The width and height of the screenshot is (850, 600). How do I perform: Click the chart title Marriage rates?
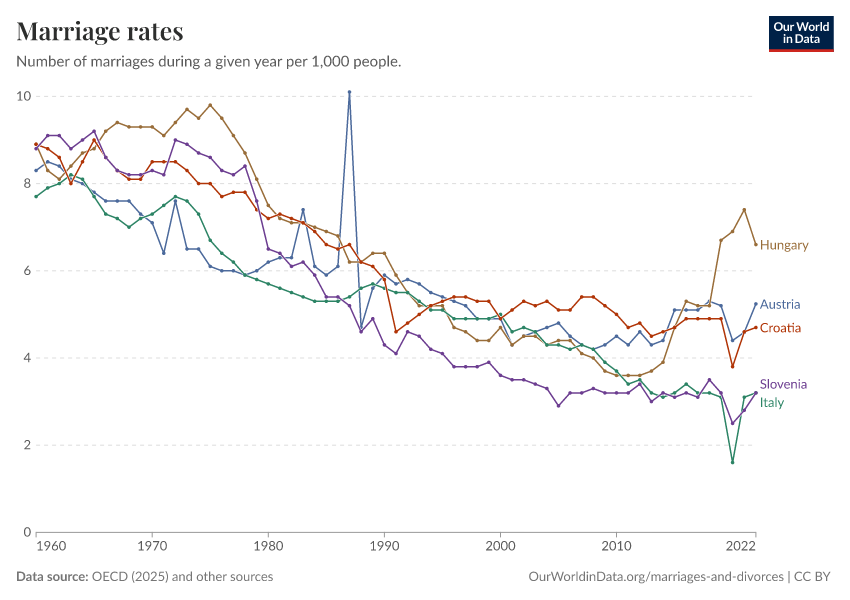(x=100, y=32)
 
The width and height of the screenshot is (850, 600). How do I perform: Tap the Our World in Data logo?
(x=800, y=33)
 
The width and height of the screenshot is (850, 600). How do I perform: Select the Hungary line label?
(x=784, y=245)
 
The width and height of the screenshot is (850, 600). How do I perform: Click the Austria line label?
(x=780, y=304)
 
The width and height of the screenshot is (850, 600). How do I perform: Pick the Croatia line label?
(x=780, y=328)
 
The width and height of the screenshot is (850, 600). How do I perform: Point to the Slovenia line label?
(x=783, y=384)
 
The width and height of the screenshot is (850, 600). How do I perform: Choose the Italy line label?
(x=772, y=402)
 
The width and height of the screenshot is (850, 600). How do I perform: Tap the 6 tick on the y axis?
(x=25, y=271)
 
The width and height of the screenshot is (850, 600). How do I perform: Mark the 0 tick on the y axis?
(x=25, y=532)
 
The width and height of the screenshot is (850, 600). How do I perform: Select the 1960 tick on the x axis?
(x=51, y=547)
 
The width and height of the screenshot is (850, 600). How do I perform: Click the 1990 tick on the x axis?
(x=384, y=547)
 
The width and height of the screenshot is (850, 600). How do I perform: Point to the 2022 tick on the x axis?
(x=740, y=547)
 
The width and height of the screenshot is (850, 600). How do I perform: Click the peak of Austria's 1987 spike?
(x=349, y=92)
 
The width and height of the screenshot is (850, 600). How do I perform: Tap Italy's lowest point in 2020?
(x=732, y=462)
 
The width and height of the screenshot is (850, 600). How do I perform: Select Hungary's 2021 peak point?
(x=744, y=210)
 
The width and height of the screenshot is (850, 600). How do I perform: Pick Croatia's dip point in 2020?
(x=732, y=366)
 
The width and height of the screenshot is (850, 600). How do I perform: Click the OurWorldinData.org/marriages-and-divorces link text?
(x=655, y=576)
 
